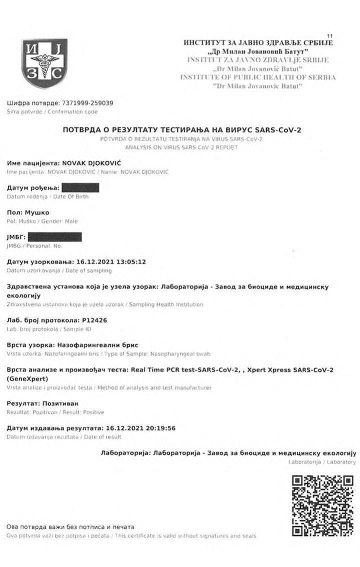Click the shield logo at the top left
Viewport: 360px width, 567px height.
point(44,63)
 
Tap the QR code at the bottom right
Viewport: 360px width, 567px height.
point(322,505)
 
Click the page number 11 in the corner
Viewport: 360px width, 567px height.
point(329,35)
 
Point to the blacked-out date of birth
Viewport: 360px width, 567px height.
point(79,188)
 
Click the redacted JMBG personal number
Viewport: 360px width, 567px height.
point(54,237)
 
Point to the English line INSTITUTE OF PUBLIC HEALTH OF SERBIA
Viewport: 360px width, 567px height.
point(258,77)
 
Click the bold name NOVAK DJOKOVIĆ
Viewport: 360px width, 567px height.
point(93,163)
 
